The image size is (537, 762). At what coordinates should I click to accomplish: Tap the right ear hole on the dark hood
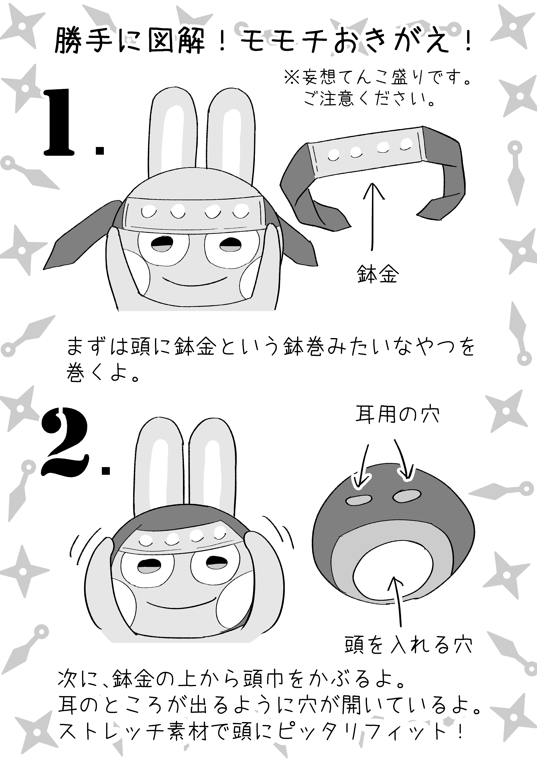[407, 496]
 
